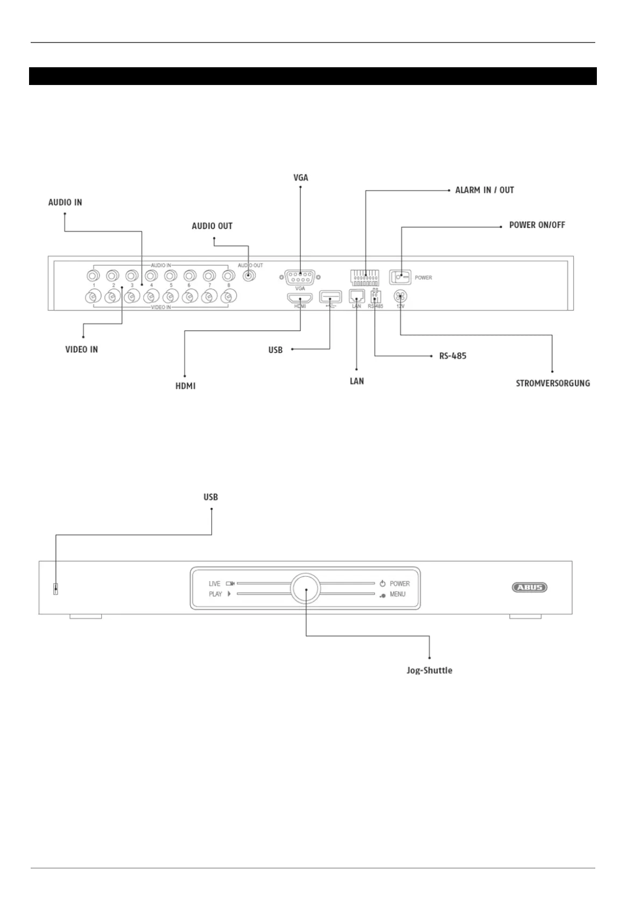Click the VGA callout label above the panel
(300, 178)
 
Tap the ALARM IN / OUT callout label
(484, 190)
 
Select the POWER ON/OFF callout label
(537, 225)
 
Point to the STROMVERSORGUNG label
(553, 383)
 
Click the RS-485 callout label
(453, 356)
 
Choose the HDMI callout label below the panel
(185, 386)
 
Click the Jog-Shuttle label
(429, 670)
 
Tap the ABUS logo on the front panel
(529, 587)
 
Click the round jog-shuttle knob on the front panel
(306, 589)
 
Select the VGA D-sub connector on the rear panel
(300, 278)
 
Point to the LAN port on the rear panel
(357, 296)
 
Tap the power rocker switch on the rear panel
(400, 277)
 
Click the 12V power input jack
(400, 295)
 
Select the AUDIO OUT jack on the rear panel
(248, 276)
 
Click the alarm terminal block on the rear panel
(365, 277)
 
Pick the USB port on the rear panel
(330, 296)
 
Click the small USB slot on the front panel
(55, 589)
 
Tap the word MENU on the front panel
(397, 594)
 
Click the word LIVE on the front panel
(214, 584)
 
